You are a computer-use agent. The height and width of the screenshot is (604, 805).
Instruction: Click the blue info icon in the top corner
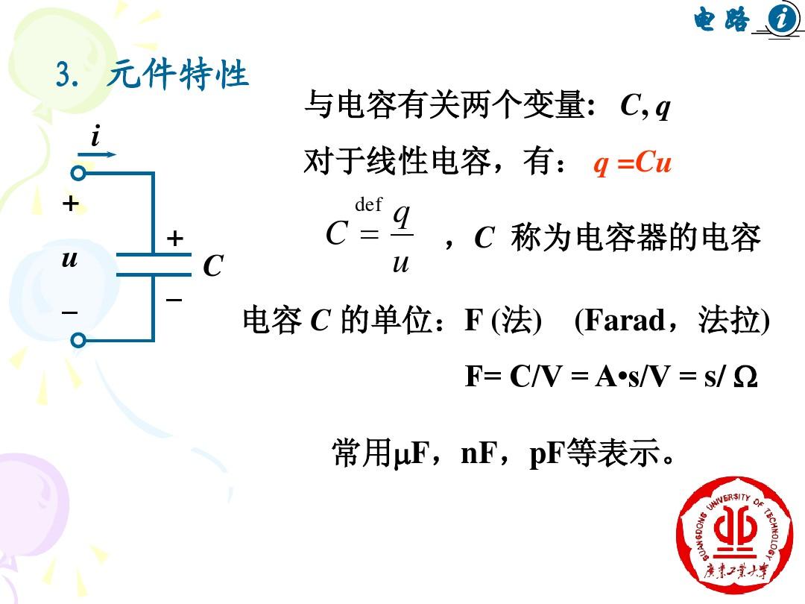[781, 19]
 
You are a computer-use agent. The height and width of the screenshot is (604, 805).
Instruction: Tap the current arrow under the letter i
[97, 154]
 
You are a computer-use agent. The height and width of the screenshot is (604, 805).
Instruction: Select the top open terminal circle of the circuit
[78, 173]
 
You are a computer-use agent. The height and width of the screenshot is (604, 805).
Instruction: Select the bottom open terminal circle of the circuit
[78, 340]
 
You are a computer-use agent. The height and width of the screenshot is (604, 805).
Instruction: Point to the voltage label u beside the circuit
[69, 258]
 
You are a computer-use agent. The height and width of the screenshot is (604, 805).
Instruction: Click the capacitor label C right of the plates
[213, 266]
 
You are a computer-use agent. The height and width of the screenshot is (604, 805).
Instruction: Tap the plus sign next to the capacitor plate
[174, 238]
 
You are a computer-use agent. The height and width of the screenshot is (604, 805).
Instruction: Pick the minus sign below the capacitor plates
[174, 299]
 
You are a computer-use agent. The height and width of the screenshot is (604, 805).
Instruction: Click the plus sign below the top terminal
[70, 204]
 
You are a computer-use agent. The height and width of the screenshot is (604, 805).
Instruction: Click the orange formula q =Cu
[632, 163]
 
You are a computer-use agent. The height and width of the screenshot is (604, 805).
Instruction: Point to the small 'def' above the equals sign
[368, 204]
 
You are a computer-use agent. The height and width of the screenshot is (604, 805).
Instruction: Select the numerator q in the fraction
[402, 216]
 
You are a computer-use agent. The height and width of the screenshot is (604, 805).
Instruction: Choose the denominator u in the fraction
[401, 263]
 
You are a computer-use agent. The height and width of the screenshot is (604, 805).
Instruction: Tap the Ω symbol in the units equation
[745, 377]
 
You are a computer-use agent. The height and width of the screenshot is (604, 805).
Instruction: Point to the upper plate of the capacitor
[154, 254]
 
